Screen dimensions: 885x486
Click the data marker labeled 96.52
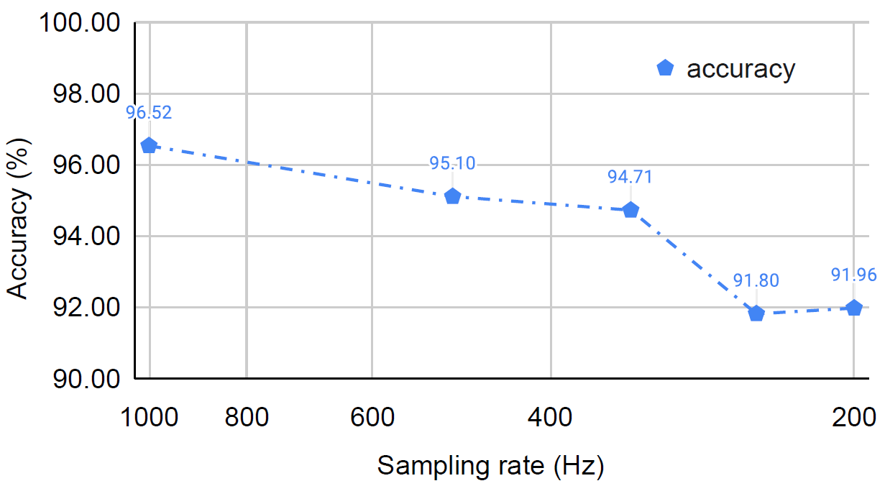149,145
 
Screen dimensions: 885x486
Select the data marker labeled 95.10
452,196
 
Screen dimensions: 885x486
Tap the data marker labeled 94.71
630,209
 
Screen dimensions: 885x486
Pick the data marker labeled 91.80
756,313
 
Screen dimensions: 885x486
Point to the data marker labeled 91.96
854,308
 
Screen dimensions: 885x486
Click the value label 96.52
149,113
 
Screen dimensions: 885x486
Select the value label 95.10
452,163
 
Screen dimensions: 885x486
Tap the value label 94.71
630,177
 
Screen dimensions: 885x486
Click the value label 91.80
756,280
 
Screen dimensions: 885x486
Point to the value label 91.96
854,275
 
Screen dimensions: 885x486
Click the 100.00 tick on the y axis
80,22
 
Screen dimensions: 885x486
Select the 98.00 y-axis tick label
86,94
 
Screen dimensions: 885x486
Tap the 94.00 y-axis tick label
86,237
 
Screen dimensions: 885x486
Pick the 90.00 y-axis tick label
86,379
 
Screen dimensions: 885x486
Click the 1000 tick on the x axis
149,417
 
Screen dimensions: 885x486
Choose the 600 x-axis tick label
372,417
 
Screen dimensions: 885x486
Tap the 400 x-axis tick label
550,417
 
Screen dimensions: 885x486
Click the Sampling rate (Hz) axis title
491,465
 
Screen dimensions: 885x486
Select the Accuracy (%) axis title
18,218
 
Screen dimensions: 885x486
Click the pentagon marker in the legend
665,68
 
